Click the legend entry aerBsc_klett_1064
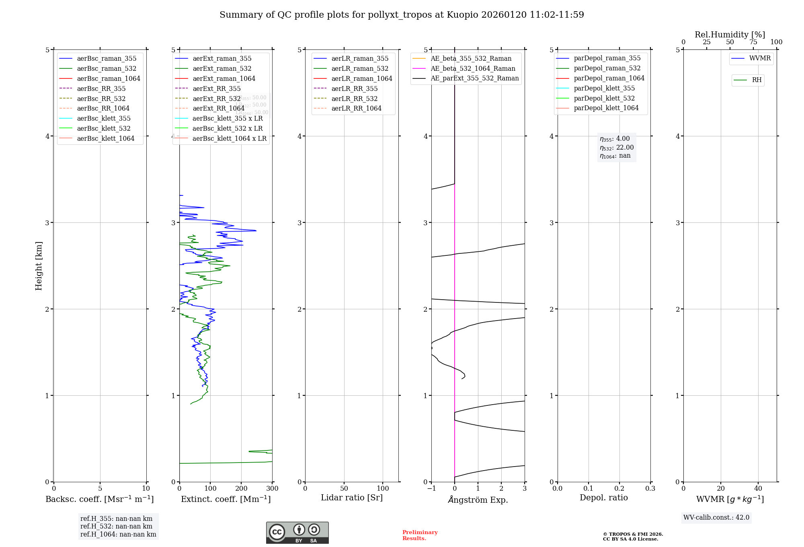point(106,138)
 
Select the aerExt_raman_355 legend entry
point(222,58)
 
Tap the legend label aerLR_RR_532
point(355,99)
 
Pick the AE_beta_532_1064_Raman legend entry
point(473,68)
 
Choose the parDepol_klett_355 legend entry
point(604,88)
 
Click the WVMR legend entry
point(760,58)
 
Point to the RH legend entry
point(757,80)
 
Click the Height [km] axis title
point(39,266)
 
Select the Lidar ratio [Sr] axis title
point(352,498)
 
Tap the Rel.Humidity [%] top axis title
point(730,35)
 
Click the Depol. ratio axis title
point(603,498)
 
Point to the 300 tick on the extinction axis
point(272,489)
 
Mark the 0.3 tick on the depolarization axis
point(650,489)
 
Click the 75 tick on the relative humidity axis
point(753,42)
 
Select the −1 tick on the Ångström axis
point(431,489)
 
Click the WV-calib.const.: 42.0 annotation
point(716,518)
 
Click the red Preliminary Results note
point(420,535)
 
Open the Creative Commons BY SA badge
point(297,533)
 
